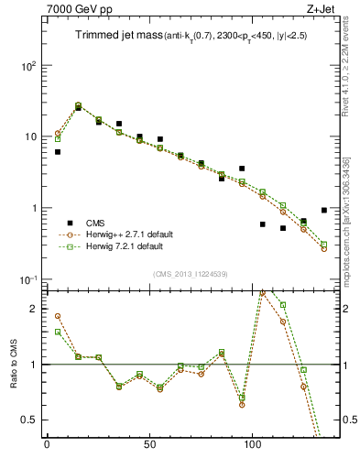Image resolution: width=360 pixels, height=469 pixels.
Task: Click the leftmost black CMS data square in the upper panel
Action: (x=58, y=152)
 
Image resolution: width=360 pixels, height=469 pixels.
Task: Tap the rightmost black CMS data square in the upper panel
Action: (x=324, y=210)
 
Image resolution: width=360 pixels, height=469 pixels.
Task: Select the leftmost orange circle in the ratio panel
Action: (x=58, y=316)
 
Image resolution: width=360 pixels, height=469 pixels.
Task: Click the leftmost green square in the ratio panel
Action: (x=58, y=332)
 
